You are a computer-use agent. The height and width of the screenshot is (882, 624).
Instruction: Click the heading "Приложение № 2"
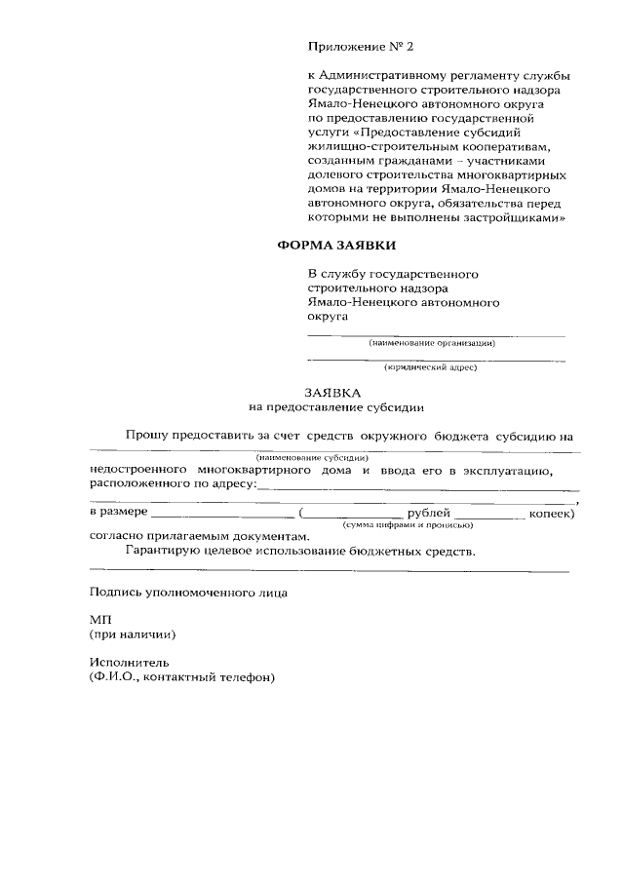tap(354, 47)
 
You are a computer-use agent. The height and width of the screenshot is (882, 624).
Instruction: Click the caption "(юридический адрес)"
tap(430, 367)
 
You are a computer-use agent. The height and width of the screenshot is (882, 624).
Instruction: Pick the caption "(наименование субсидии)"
tap(311, 457)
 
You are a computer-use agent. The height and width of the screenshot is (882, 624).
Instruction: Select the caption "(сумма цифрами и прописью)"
tap(407, 525)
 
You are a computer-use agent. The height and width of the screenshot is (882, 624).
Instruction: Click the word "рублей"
tap(429, 513)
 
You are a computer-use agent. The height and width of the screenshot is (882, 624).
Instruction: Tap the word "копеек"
tap(550, 513)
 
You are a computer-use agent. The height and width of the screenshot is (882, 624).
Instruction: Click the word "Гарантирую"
tap(166, 551)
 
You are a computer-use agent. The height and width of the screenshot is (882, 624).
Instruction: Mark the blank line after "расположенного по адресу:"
tap(419, 485)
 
